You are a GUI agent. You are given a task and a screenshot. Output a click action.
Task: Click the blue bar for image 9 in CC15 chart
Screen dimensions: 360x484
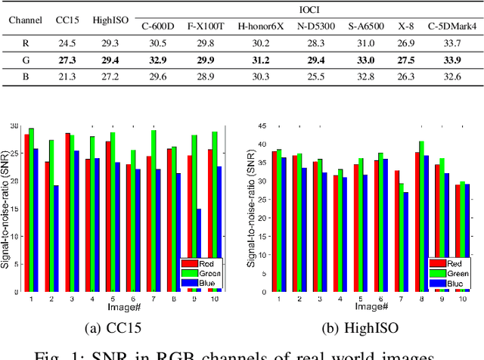coord(199,250)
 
